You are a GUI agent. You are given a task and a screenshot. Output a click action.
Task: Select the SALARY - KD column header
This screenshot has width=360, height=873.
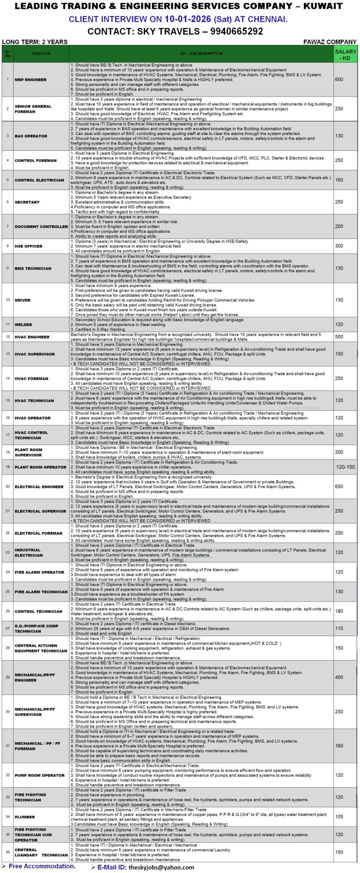[345, 54]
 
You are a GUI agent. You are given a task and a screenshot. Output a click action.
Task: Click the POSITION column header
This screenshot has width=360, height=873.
[41, 54]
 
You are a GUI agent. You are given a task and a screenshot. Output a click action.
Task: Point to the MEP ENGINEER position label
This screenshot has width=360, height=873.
[30, 79]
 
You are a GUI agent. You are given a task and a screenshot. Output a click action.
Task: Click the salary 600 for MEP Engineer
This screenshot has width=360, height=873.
[339, 79]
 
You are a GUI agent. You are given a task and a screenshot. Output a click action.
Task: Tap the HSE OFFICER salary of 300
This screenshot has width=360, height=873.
[339, 246]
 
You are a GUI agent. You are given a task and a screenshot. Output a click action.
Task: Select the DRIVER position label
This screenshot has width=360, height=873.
[22, 300]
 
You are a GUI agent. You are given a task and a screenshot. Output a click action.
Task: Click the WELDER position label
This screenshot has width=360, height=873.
[23, 325]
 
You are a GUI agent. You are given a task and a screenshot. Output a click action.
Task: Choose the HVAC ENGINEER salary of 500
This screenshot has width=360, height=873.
[339, 337]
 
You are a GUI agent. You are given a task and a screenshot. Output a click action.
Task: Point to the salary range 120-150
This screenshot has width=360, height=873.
[345, 467]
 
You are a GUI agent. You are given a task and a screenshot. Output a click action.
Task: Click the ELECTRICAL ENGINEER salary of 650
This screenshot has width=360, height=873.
[339, 486]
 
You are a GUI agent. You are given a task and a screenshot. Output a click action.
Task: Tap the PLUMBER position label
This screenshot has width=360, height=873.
[25, 817]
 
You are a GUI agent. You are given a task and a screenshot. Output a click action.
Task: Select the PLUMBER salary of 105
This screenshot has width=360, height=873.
[339, 817]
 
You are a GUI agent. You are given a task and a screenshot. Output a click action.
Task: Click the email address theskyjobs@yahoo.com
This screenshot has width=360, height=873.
[161, 867]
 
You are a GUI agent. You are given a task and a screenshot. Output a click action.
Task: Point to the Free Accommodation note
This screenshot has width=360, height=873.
[42, 866]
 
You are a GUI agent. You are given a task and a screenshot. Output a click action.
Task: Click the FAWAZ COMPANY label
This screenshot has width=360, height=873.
[330, 42]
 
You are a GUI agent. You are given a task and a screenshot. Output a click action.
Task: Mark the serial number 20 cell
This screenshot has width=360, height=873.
[7, 486]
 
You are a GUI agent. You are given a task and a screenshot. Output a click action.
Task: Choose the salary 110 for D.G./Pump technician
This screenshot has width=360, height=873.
[339, 628]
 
